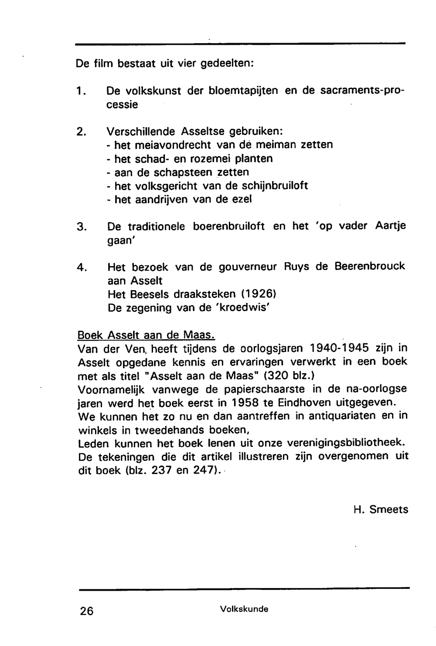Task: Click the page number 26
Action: (x=87, y=611)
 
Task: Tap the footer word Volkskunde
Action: (x=244, y=609)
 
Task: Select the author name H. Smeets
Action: (x=381, y=509)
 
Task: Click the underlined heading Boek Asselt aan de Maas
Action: (x=146, y=335)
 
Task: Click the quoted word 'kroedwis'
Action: (x=245, y=308)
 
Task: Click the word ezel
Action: (x=242, y=200)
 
